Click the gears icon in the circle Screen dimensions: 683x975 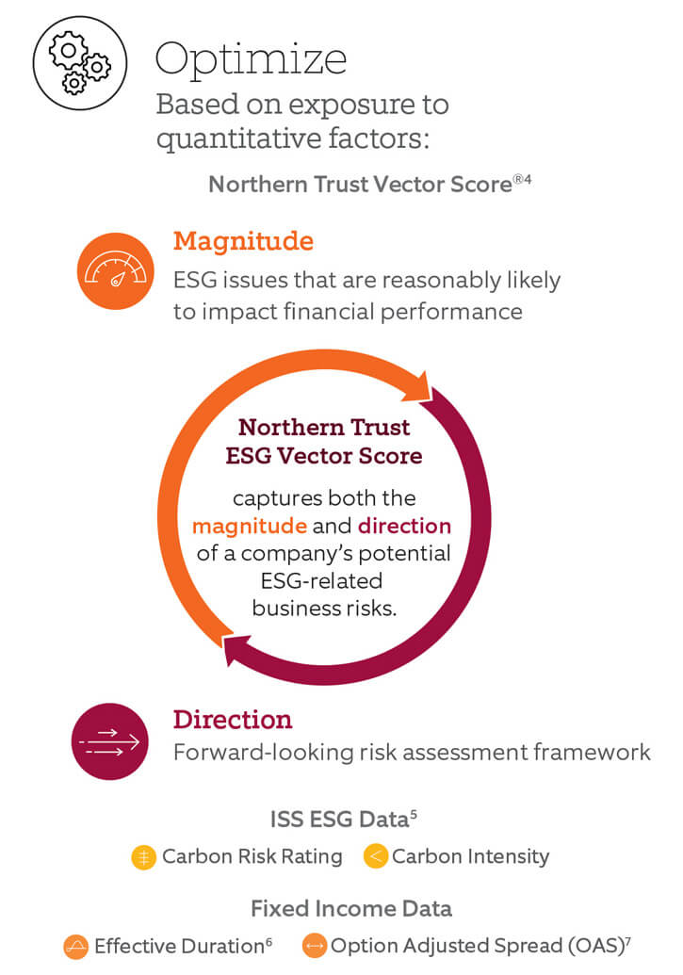click(x=80, y=63)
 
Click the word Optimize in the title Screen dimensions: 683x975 click(x=251, y=59)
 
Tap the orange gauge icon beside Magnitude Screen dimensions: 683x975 click(x=115, y=271)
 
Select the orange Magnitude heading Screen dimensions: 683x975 click(x=243, y=241)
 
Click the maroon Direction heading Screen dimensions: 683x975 click(x=232, y=720)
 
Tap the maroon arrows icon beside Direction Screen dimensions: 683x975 click(x=110, y=741)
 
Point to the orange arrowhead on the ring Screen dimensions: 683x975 click(x=419, y=387)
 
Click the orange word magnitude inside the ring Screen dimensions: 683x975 click(x=249, y=526)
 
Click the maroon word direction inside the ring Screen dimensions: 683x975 click(x=404, y=526)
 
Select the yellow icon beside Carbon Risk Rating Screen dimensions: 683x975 click(x=144, y=857)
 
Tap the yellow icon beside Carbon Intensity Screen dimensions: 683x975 click(x=376, y=856)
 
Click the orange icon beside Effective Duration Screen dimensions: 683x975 click(x=76, y=947)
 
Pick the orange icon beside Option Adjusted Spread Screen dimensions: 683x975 click(x=314, y=946)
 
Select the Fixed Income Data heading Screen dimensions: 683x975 click(x=350, y=908)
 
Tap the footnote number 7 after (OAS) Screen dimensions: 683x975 click(x=628, y=940)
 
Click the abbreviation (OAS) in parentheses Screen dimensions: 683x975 click(x=595, y=946)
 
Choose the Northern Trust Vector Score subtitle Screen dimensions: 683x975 click(x=369, y=184)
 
